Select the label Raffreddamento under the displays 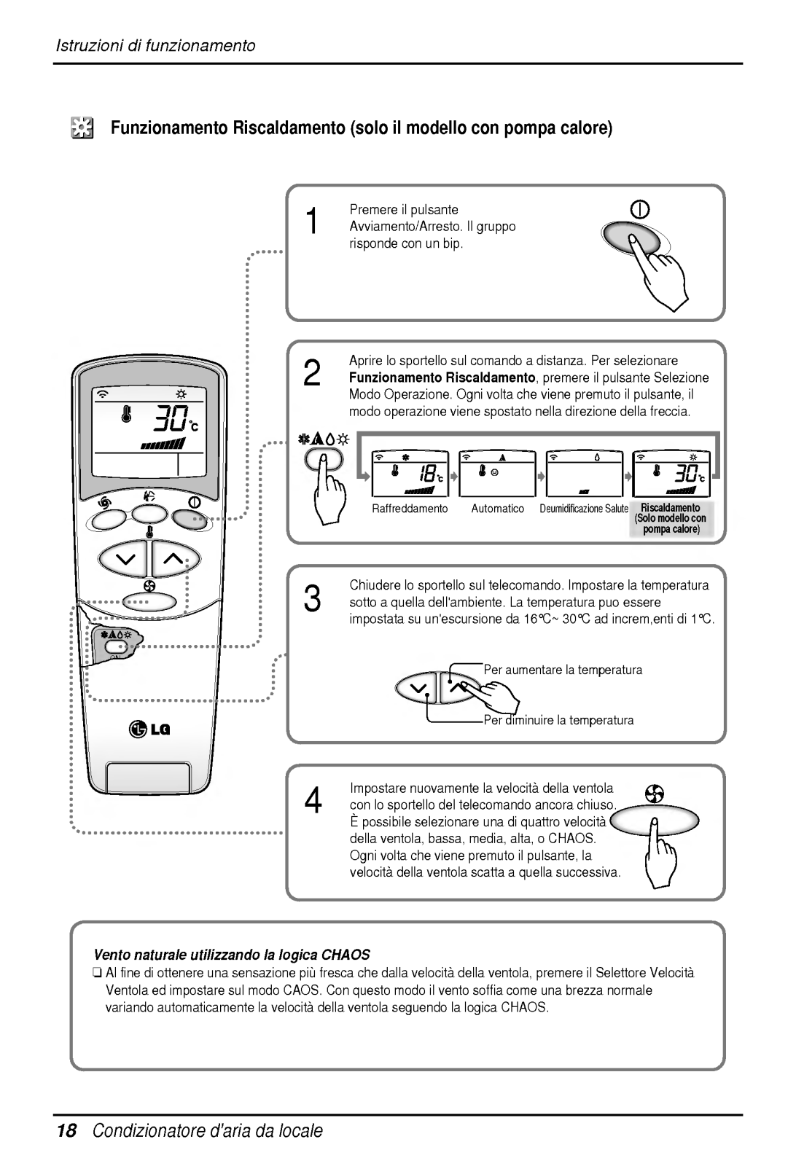(410, 509)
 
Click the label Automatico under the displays (497, 509)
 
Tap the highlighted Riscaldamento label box (671, 518)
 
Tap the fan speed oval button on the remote (150, 602)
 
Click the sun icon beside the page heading (82, 130)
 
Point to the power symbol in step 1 (640, 210)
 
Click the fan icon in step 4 (653, 793)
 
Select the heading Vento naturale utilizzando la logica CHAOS (233, 954)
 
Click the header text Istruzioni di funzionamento (156, 46)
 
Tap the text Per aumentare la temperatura (563, 670)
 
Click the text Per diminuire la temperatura (559, 720)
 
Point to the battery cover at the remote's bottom (149, 780)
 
